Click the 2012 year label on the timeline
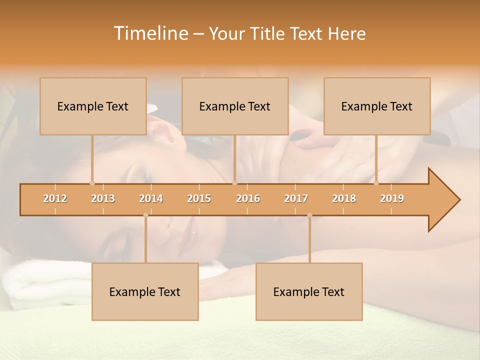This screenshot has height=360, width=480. point(55,198)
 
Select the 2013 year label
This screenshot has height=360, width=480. point(103,198)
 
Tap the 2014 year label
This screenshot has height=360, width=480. point(151,198)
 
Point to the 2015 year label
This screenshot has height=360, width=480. point(199,198)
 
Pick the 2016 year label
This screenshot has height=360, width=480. point(248,198)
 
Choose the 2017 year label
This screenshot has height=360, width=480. point(296,198)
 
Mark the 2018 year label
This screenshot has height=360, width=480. point(344,198)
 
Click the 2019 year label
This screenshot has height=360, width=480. point(392,198)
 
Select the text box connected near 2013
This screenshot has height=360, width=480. point(93,106)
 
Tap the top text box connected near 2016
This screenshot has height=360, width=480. point(235,106)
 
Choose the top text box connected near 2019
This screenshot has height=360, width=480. point(377,106)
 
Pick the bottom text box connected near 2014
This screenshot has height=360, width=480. point(145,291)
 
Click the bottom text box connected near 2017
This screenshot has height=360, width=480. point(309,291)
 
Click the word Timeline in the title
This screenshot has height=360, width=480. point(150,33)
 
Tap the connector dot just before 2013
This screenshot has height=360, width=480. point(92,183)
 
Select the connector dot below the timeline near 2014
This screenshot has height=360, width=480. point(145,215)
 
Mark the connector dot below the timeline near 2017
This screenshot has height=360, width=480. point(309,215)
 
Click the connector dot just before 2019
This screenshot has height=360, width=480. point(376,183)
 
